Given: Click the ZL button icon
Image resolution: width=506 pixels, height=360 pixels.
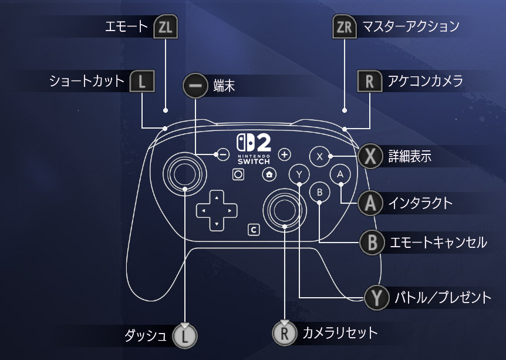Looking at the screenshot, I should tap(165, 27).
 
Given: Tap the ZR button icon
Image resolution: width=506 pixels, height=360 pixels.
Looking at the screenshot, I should tap(344, 27).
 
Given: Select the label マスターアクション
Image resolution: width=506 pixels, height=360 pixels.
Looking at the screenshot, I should tap(410, 26).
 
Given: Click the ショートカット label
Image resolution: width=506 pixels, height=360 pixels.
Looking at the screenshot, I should tap(87, 80).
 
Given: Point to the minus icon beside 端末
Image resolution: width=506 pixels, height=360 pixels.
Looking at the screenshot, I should tap(195, 86).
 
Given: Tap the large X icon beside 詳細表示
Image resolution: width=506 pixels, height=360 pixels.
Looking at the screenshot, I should tap(370, 157).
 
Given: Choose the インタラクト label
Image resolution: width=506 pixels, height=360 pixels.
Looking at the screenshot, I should tap(420, 204).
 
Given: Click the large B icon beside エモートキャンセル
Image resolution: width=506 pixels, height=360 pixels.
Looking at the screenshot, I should tap(371, 242).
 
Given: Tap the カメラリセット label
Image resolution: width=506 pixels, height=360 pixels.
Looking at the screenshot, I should tap(340, 334).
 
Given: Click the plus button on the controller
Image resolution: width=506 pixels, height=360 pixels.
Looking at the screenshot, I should tap(285, 154).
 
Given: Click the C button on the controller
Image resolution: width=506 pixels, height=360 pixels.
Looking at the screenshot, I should tap(254, 230).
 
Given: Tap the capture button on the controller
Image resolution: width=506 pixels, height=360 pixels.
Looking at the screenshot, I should tap(238, 174).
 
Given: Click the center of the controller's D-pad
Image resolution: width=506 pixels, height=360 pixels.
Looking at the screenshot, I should tap(216, 209).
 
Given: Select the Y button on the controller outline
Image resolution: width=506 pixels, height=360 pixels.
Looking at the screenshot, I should tap(299, 174).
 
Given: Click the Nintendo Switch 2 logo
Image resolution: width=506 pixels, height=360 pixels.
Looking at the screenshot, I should tap(254, 149).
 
